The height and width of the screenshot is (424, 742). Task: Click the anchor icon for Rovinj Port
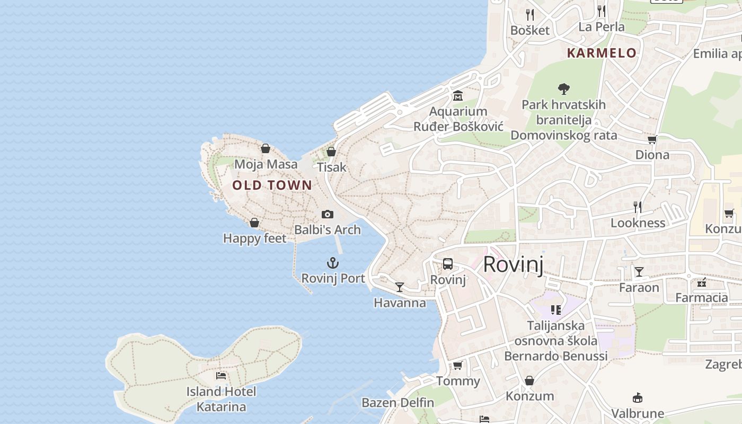[332, 263]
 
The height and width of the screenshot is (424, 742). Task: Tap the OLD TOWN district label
[272, 185]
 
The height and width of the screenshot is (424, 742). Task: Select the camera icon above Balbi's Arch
[328, 214]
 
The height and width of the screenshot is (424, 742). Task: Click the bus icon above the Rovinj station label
[448, 264]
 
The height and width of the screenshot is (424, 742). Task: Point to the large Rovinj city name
[513, 264]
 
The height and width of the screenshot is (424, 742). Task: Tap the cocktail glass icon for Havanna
[400, 287]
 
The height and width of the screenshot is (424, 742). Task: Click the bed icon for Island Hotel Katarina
[221, 376]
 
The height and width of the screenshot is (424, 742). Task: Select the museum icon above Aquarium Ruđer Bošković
[458, 96]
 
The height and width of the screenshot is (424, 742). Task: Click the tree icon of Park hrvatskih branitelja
[563, 89]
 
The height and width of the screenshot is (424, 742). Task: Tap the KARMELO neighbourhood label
[602, 53]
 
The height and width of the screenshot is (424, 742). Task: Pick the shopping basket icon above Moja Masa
[266, 148]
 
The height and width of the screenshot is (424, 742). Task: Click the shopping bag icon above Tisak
[331, 152]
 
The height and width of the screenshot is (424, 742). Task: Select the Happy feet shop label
[254, 238]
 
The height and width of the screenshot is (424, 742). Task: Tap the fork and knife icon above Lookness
[638, 207]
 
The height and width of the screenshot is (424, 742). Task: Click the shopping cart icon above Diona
[652, 139]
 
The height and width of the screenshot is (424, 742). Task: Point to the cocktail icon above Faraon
[639, 272]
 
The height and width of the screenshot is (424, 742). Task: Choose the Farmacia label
[701, 298]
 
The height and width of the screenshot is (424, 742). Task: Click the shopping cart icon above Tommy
[457, 366]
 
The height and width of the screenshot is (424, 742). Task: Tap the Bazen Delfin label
[397, 403]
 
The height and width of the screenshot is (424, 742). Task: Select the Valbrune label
[638, 413]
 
